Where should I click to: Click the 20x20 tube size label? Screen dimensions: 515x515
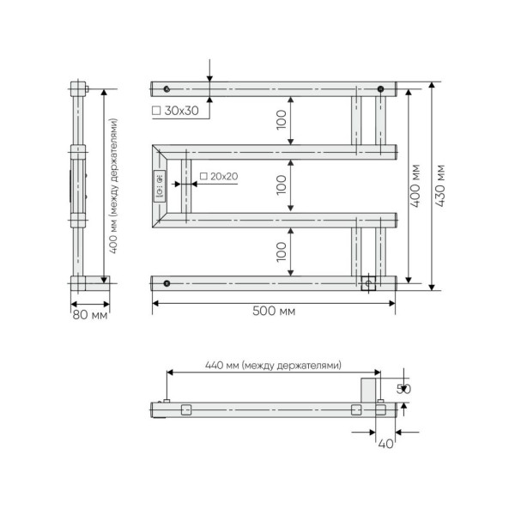[223, 176]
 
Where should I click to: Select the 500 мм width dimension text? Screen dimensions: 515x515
[275, 310]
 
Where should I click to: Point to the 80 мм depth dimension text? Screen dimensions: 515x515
[89, 315]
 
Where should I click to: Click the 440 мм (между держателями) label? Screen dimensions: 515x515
[273, 365]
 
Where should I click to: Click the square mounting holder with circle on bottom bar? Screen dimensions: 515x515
[369, 283]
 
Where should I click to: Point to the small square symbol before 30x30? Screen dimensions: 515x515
[155, 112]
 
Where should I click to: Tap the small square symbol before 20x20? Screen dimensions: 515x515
[203, 176]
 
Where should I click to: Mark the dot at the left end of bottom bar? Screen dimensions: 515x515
[167, 283]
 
